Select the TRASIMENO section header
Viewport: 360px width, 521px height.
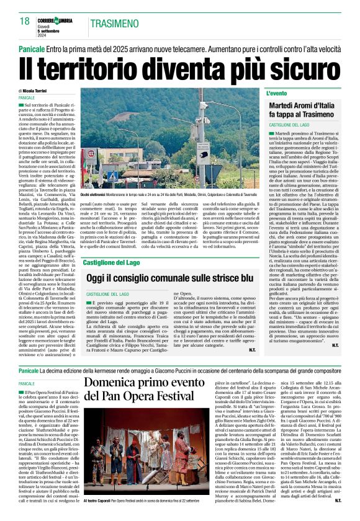pyautogui.click(x=115, y=23)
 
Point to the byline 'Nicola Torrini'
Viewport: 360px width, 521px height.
pyautogui.click(x=37, y=91)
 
